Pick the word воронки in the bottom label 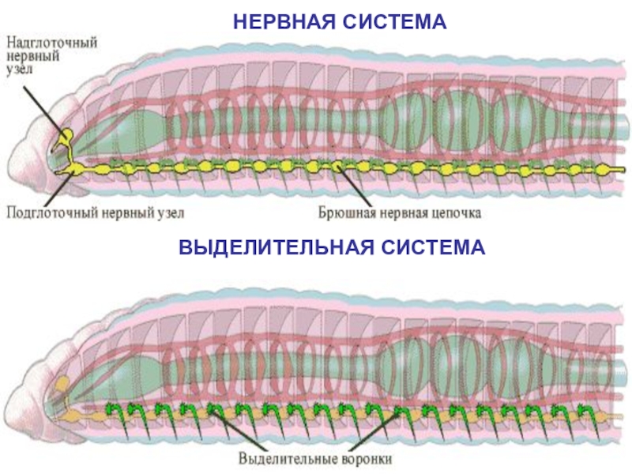(x=363, y=457)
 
